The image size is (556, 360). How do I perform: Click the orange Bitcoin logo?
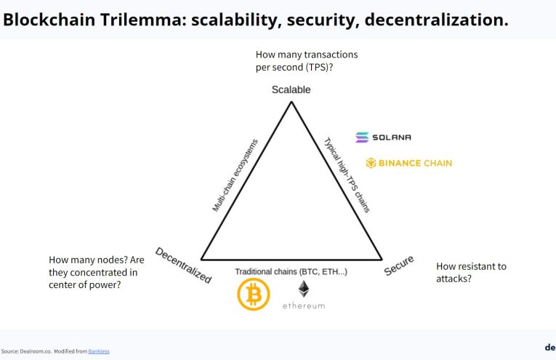[x=254, y=295]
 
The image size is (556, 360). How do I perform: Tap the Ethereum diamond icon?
[x=304, y=289]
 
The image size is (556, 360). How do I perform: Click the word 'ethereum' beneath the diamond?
[x=304, y=306]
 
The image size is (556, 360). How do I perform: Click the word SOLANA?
[x=393, y=137]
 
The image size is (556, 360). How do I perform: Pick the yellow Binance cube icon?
[x=371, y=163]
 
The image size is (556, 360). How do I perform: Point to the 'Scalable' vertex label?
[x=291, y=89]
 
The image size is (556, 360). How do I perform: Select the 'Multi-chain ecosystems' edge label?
[x=235, y=175]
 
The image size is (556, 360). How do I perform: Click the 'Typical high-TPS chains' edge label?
[x=347, y=175]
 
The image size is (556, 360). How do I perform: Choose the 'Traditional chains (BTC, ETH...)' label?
[x=291, y=271]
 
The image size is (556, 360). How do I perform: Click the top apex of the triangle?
[x=291, y=102]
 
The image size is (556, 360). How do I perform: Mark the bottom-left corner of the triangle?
[x=202, y=259]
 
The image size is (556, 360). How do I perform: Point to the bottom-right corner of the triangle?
[x=381, y=259]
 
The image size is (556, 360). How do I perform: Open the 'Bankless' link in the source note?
[x=99, y=351]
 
